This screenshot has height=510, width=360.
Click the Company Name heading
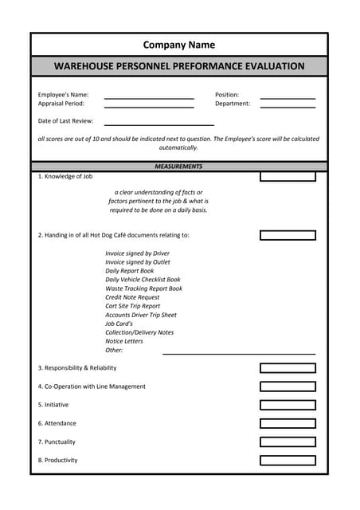(x=179, y=45)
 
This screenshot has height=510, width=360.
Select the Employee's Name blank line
(x=149, y=97)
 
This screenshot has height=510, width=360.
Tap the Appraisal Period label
(x=61, y=104)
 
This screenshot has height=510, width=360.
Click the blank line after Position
(x=288, y=97)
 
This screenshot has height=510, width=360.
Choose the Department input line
(x=288, y=106)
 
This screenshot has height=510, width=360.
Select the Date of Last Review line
(x=158, y=124)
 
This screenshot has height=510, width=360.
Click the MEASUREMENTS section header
(x=178, y=167)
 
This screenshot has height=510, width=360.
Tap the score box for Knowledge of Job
(x=288, y=177)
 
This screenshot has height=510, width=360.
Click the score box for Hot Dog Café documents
(x=288, y=235)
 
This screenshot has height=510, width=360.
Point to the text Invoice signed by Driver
(x=137, y=253)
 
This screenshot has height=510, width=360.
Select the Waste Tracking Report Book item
(x=143, y=288)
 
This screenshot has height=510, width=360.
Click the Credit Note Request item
(x=132, y=297)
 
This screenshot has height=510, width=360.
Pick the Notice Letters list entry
(x=124, y=341)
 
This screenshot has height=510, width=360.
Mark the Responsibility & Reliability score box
(x=288, y=368)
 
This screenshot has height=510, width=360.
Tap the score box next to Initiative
(x=288, y=405)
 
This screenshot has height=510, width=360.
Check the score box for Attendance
(x=288, y=423)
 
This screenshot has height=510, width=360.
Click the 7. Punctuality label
(x=57, y=441)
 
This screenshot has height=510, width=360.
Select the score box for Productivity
(x=288, y=460)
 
